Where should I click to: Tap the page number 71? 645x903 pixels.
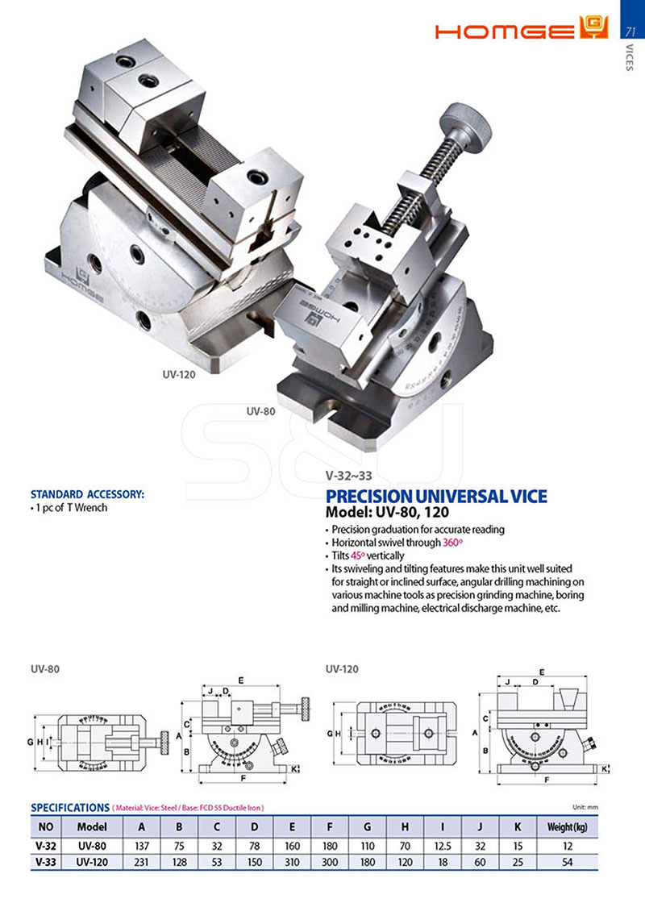[630, 31]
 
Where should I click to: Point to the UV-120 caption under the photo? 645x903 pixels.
[178, 374]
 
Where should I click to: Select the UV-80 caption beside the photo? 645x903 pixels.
[261, 411]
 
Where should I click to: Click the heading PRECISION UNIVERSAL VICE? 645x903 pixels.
[436, 496]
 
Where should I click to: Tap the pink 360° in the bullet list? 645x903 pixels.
[452, 543]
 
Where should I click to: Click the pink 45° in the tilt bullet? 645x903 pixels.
[357, 556]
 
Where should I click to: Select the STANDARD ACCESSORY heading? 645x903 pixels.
[87, 494]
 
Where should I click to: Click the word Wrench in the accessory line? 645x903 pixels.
[91, 508]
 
